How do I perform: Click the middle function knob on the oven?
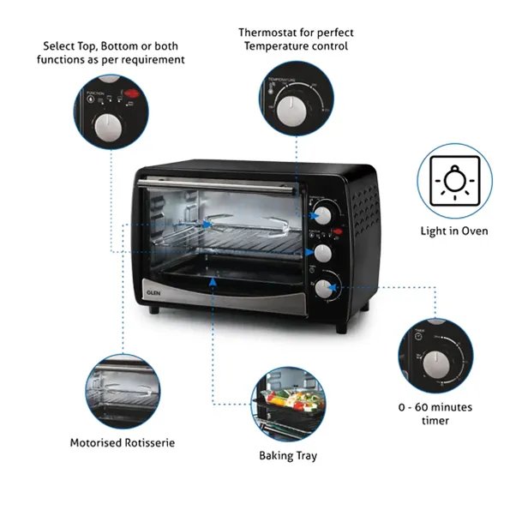(324, 253)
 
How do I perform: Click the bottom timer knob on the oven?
(324, 289)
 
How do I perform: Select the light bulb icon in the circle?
(454, 180)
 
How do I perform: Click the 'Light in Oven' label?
(454, 231)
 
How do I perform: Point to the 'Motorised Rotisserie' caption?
(122, 443)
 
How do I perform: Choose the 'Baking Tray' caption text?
(288, 455)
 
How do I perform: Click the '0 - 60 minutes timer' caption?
(435, 414)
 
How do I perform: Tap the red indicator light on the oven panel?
(338, 231)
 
